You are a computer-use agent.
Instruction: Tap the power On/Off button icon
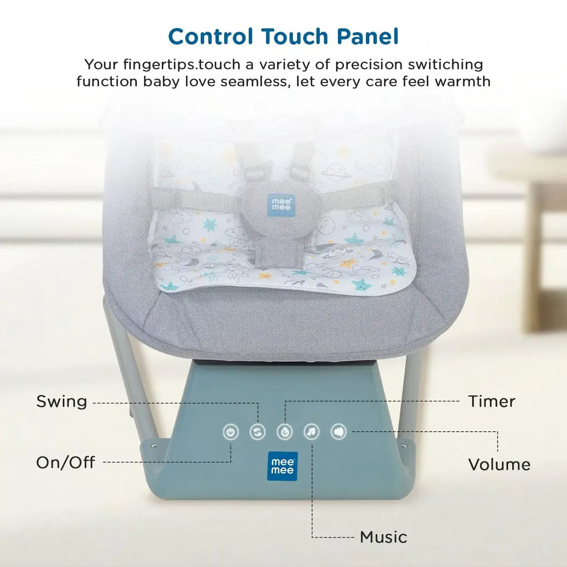point(231,432)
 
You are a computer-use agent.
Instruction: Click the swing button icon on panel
point(257,432)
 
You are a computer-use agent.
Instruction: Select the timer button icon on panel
point(285,432)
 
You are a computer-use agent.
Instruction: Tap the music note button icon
point(312,431)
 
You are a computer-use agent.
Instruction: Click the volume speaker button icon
point(339,431)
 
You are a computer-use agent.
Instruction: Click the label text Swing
point(61,401)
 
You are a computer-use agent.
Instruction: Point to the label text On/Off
point(65,462)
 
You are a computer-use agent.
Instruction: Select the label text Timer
point(492,401)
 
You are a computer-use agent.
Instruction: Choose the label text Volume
point(499,464)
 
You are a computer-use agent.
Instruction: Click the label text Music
point(383,537)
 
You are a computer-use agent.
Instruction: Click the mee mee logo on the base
point(283,466)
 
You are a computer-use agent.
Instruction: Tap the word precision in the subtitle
point(348,65)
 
